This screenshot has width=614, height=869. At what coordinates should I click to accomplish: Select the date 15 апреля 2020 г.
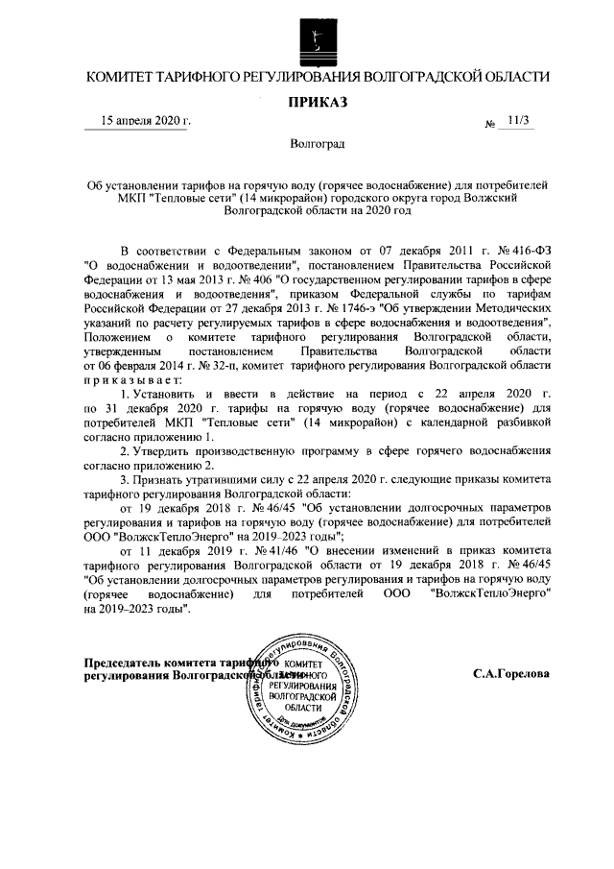(147, 121)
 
